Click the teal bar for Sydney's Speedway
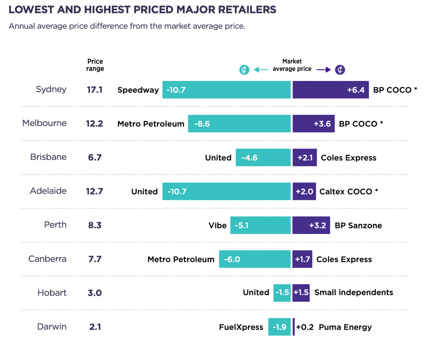[x=226, y=90]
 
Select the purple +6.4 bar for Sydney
[x=330, y=90]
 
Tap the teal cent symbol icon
[x=244, y=70]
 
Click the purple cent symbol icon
[x=340, y=70]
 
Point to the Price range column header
[x=95, y=65]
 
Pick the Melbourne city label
[x=44, y=123]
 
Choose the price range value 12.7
[x=94, y=191]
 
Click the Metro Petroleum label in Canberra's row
[x=181, y=259]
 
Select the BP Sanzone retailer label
[x=358, y=225]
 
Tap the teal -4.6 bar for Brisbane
[x=263, y=157]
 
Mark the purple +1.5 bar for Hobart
[x=301, y=292]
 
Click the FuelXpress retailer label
[x=241, y=327]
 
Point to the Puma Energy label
[x=345, y=327]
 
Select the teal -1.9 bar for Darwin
[x=279, y=327]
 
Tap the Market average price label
[x=292, y=65]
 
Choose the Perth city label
[x=55, y=225]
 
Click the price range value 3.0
[x=94, y=293]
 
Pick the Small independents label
[x=354, y=292]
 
